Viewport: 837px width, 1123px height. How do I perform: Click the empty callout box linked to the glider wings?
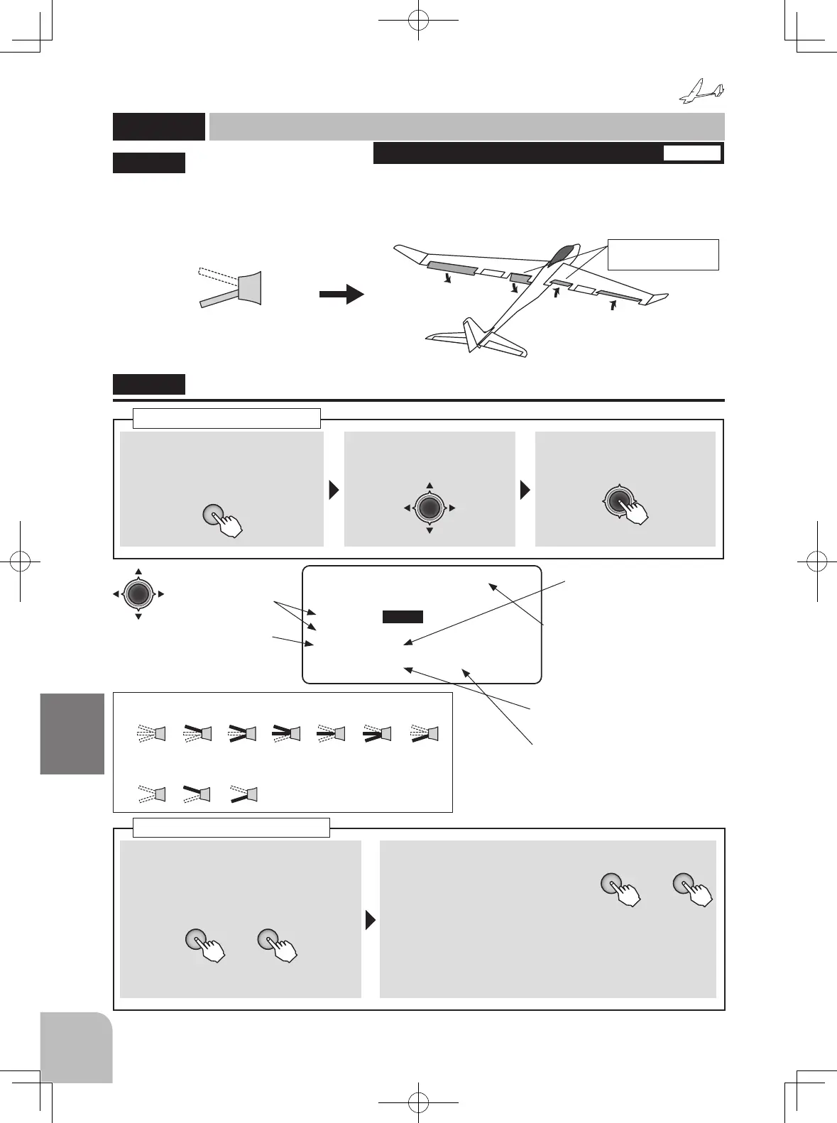click(663, 255)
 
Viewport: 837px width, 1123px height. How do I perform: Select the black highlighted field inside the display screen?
click(403, 617)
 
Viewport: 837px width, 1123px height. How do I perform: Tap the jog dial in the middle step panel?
click(430, 508)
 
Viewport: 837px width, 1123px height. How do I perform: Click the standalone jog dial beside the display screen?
click(138, 593)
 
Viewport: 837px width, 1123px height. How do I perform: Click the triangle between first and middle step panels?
click(334, 490)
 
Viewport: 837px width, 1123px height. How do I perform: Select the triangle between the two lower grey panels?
click(370, 920)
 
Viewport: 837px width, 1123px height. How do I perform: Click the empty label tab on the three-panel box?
click(226, 418)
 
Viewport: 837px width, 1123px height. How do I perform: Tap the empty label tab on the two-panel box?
click(231, 828)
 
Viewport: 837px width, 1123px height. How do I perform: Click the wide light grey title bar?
click(466, 126)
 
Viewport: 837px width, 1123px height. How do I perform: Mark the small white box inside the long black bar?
click(691, 153)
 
